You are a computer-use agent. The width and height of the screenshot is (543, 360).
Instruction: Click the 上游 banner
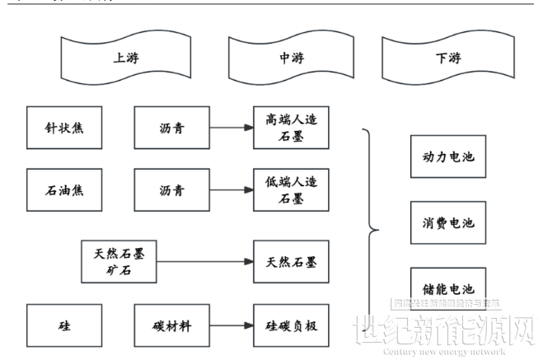click(x=124, y=58)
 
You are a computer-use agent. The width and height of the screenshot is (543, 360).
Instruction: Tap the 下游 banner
click(x=446, y=58)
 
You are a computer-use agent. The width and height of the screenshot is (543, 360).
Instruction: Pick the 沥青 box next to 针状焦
click(x=171, y=128)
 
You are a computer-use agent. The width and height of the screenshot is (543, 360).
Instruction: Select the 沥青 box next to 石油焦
click(x=171, y=191)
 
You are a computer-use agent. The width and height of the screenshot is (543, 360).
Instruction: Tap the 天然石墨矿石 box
click(x=119, y=260)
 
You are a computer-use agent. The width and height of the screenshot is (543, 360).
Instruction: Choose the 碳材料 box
click(x=171, y=325)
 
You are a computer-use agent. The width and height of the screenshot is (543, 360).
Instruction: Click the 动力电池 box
click(x=448, y=156)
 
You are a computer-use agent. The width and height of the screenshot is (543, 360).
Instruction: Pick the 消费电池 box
click(x=448, y=222)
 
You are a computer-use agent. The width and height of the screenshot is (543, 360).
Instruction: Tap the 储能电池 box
click(x=448, y=288)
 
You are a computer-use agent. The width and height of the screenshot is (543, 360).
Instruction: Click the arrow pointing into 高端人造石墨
click(x=230, y=128)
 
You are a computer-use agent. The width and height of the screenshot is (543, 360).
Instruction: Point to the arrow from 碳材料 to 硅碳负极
click(x=230, y=325)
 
